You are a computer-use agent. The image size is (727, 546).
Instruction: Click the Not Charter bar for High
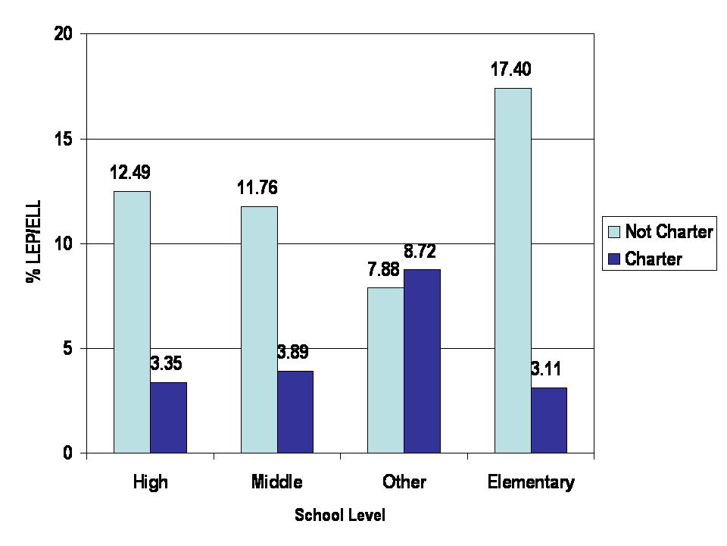(x=132, y=322)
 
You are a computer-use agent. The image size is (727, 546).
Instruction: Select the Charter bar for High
(x=168, y=418)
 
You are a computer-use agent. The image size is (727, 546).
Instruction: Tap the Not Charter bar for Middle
(x=259, y=330)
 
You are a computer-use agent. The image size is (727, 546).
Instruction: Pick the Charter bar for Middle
(x=295, y=412)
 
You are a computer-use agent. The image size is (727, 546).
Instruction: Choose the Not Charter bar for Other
(x=385, y=370)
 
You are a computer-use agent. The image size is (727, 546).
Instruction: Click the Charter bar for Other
(x=422, y=361)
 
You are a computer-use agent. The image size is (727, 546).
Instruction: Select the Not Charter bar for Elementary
(x=513, y=271)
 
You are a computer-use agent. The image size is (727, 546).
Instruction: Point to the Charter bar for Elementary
(x=549, y=420)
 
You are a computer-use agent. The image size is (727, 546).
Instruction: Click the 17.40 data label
(x=510, y=71)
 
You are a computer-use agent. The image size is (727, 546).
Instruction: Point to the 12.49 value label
(x=130, y=174)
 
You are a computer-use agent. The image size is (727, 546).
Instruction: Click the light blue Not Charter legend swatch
(x=613, y=231)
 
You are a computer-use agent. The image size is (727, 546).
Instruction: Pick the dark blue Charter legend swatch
(x=613, y=259)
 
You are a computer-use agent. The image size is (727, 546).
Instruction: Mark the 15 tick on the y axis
(x=70, y=139)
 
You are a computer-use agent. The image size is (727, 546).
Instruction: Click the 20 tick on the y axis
(x=70, y=34)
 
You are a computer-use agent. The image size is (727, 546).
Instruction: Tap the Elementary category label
(x=532, y=482)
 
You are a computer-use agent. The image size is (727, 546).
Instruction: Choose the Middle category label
(x=276, y=482)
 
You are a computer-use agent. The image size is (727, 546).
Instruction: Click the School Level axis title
(x=340, y=516)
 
